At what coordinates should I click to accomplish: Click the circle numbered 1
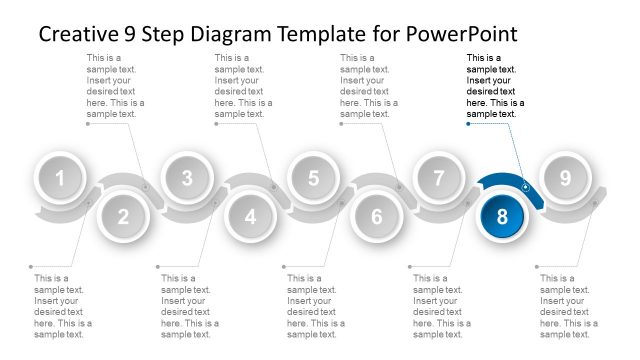(x=60, y=178)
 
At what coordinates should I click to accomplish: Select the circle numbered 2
(x=123, y=216)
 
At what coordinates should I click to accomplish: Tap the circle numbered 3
(x=187, y=178)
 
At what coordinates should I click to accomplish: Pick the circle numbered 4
(x=250, y=216)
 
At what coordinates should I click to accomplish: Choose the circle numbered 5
(x=313, y=178)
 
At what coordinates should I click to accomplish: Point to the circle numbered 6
(x=377, y=216)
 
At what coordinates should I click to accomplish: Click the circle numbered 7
(x=439, y=178)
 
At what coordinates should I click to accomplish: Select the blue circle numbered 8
(x=502, y=216)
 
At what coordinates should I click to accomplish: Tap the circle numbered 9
(x=565, y=178)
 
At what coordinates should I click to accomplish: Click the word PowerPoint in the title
(x=461, y=34)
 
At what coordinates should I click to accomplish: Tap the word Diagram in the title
(x=231, y=35)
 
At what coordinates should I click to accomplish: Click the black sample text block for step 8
(x=495, y=86)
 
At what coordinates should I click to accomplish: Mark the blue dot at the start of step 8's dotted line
(x=468, y=124)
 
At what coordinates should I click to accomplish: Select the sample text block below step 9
(x=569, y=306)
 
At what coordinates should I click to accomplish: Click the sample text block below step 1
(x=63, y=306)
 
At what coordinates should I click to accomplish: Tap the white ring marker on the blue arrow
(x=526, y=187)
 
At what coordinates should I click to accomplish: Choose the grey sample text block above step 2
(x=115, y=86)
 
